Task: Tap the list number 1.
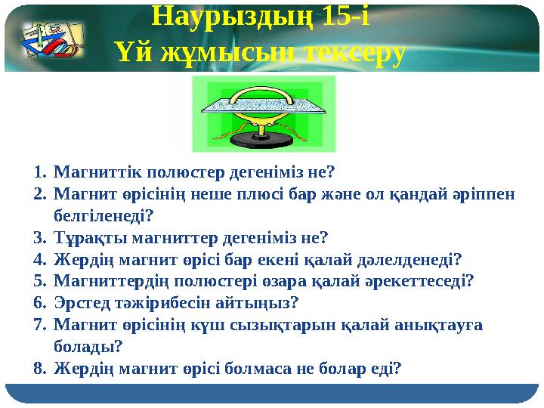(x=39, y=171)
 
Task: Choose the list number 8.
(x=39, y=369)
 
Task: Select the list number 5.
(x=39, y=281)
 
